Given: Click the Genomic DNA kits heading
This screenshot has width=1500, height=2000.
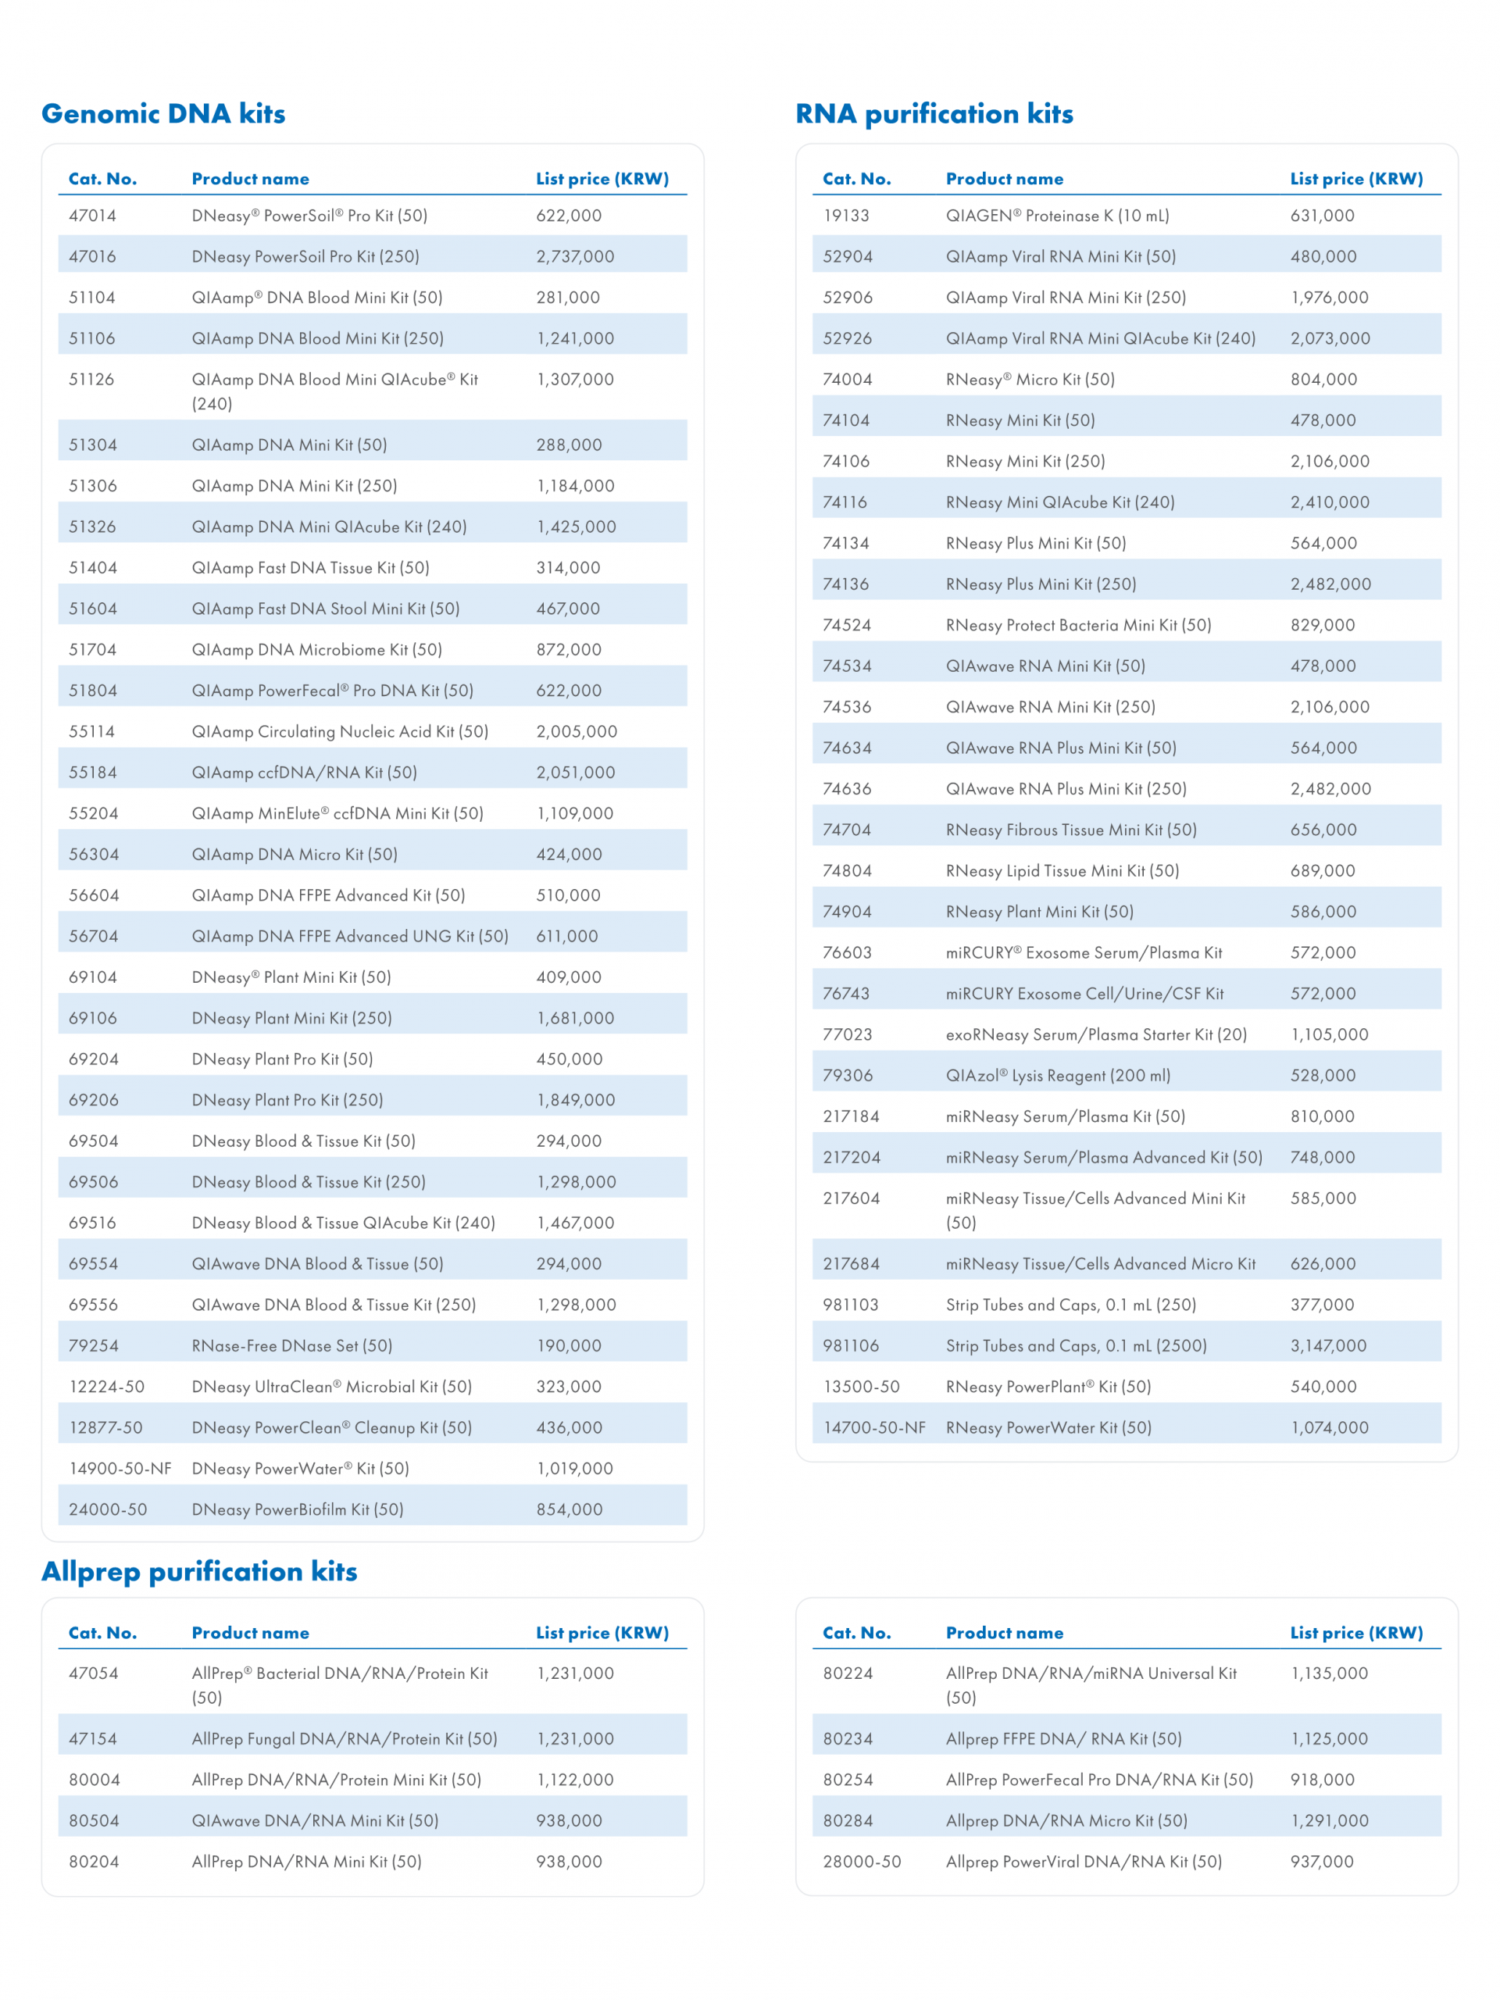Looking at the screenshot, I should [x=163, y=114].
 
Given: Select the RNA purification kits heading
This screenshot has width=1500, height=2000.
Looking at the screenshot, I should [x=934, y=114].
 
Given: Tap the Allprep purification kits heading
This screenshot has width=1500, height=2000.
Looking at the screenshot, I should [x=199, y=1571].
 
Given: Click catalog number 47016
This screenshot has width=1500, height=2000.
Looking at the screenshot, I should [x=92, y=257].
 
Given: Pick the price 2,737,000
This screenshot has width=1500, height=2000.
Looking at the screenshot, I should [x=575, y=257].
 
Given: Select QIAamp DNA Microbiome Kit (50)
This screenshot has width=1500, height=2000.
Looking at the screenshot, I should [x=316, y=650].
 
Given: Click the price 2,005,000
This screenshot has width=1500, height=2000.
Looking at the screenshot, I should [x=577, y=731].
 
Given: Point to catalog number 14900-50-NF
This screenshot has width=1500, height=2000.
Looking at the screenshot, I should [x=120, y=1468].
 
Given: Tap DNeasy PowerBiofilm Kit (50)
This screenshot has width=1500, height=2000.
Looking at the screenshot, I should [x=298, y=1509].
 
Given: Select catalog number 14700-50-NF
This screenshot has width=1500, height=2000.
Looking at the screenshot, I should [x=874, y=1427].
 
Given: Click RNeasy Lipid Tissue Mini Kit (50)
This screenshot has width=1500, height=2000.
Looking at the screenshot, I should [x=1062, y=871].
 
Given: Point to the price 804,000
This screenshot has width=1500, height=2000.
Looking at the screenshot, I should [x=1323, y=380].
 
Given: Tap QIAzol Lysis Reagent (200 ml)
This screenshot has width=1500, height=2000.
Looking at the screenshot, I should [x=1058, y=1076].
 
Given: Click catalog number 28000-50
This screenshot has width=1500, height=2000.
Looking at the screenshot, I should [x=862, y=1862].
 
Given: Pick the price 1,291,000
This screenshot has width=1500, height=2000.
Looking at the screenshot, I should [x=1329, y=1821].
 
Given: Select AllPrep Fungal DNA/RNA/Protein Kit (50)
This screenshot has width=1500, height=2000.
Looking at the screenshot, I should [x=345, y=1739].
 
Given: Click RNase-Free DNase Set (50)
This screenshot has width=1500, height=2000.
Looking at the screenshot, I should [x=292, y=1345].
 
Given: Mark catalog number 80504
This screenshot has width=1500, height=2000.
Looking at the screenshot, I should [x=94, y=1821].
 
